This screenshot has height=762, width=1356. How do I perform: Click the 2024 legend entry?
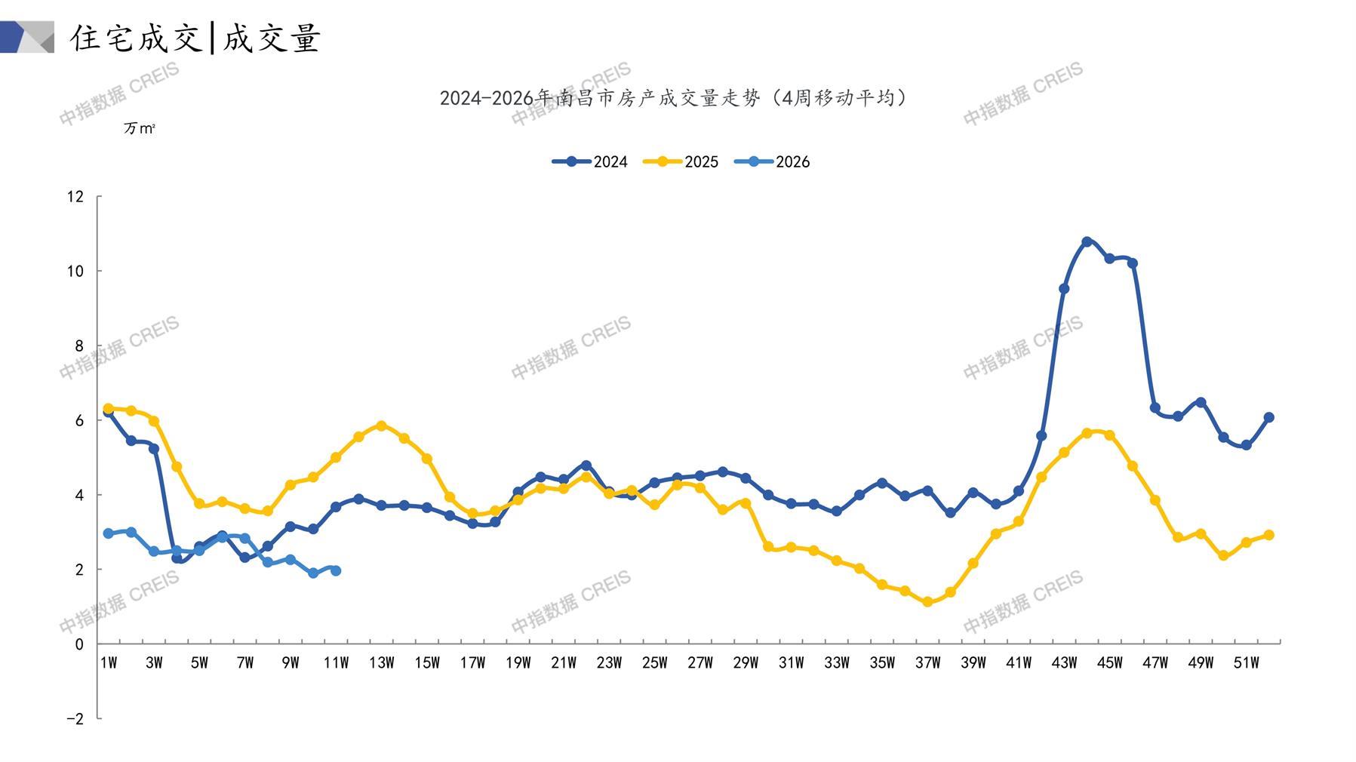point(590,161)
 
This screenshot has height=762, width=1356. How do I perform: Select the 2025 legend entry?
point(681,161)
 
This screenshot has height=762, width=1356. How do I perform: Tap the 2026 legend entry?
point(772,161)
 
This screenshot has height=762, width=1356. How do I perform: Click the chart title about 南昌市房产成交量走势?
point(674,98)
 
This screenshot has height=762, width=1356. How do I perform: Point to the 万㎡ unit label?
point(140,129)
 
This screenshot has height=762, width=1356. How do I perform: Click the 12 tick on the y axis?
point(75,197)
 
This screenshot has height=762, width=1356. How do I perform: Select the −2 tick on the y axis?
point(75,719)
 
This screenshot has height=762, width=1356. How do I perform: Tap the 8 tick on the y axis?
point(78,346)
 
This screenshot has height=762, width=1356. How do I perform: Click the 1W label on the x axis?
point(109,663)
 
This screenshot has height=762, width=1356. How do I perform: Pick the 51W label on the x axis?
point(1246,663)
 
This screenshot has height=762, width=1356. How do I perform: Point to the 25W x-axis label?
point(654,663)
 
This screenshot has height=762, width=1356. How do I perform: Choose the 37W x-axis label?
point(927,663)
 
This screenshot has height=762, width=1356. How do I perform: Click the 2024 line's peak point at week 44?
point(1087,242)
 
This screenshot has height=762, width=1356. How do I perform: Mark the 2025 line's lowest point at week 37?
point(927,602)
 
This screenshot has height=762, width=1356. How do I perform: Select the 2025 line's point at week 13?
point(381,426)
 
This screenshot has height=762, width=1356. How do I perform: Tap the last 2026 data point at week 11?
point(336,571)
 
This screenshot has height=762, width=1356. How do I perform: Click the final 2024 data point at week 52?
point(1268,417)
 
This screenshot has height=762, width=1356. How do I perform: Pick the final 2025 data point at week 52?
point(1268,535)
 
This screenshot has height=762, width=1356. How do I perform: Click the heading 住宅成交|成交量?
point(195,38)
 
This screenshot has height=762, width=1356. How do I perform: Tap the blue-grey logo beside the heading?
point(27,37)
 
